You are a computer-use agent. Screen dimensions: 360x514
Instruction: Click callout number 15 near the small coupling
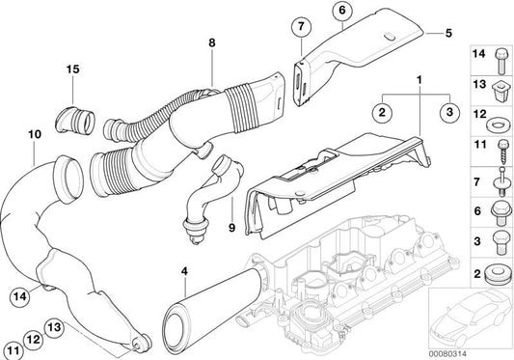click(x=72, y=69)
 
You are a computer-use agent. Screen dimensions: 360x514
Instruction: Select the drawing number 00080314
click(x=477, y=350)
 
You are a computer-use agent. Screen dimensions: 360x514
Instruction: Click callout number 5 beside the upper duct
click(x=449, y=32)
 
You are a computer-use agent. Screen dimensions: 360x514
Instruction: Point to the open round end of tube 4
click(x=178, y=318)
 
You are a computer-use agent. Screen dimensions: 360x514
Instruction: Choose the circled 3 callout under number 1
click(x=449, y=112)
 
